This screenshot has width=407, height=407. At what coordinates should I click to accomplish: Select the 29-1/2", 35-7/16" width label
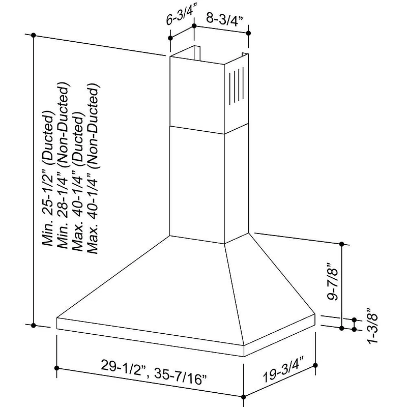click(x=154, y=365)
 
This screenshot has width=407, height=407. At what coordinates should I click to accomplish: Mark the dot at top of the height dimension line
click(x=34, y=35)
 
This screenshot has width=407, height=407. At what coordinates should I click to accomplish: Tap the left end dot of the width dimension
click(x=56, y=368)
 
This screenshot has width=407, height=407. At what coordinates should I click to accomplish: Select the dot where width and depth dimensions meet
click(x=245, y=397)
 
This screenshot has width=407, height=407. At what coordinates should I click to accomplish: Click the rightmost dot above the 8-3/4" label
click(x=249, y=33)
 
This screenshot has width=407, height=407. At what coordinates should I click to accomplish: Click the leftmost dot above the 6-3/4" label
click(x=170, y=38)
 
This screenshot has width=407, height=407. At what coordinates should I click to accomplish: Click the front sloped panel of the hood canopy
click(x=148, y=285)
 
